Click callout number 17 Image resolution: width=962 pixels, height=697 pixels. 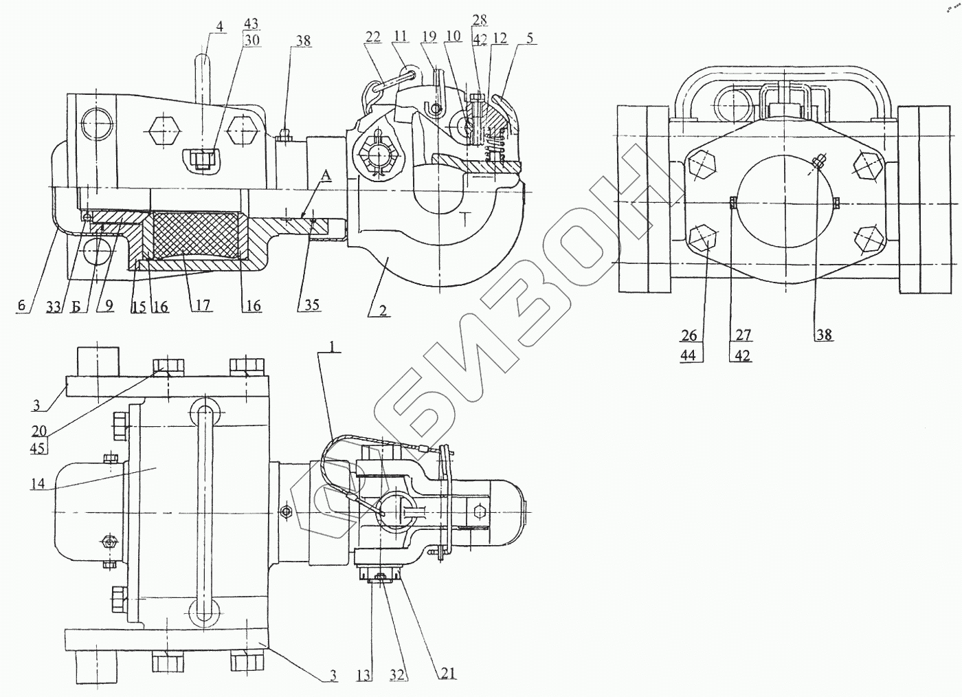click(x=202, y=305)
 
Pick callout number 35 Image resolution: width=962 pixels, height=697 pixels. click(x=312, y=305)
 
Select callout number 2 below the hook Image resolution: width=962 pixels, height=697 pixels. click(x=383, y=311)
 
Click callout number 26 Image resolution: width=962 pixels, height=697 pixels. click(x=689, y=335)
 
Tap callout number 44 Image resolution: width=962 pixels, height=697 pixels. click(x=689, y=355)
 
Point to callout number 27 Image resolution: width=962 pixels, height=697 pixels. click(x=743, y=335)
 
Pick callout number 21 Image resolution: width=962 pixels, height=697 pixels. click(x=448, y=674)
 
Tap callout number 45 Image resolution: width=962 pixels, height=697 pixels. click(x=38, y=449)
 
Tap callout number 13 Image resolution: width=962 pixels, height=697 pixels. click(x=364, y=676)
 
